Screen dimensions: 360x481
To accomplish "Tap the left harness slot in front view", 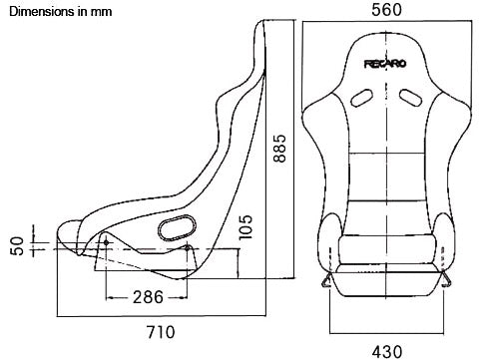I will [359, 98].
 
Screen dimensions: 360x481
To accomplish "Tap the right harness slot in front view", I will [408, 98].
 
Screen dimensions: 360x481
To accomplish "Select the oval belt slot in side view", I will [178, 226].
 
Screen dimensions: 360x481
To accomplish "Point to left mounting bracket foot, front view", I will [327, 283].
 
